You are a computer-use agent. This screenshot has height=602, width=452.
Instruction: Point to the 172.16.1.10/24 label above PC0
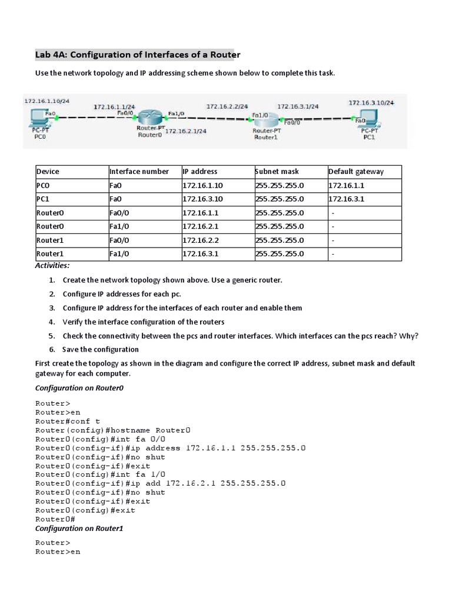(x=46, y=101)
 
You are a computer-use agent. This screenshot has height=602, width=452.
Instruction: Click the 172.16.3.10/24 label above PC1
(x=371, y=102)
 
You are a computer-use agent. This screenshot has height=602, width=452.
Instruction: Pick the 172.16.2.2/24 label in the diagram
(x=227, y=106)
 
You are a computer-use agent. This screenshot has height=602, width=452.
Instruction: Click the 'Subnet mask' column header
(x=277, y=172)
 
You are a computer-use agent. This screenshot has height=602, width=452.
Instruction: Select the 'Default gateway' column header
(x=356, y=172)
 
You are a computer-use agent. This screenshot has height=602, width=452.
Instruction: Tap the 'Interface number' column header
(x=139, y=172)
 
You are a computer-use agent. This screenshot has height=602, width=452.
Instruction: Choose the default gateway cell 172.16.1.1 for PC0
(x=347, y=185)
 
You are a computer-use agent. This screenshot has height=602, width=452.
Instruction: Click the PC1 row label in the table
(x=44, y=199)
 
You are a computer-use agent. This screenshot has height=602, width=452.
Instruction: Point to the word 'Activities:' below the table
(x=52, y=266)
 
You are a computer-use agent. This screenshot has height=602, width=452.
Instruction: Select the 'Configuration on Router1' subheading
(x=79, y=529)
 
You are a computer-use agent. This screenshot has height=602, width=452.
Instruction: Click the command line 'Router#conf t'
(x=68, y=422)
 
